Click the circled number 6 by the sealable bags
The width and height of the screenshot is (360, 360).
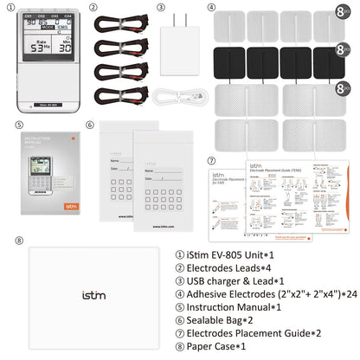pyautogui.click(x=90, y=125)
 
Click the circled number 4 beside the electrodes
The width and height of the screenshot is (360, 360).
pyautogui.click(x=212, y=7)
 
